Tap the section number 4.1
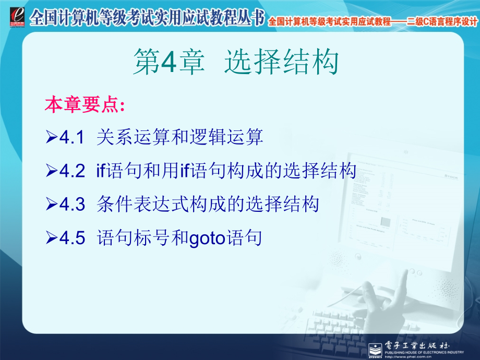point(72,138)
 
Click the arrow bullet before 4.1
point(52,138)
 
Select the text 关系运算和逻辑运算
point(180,138)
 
